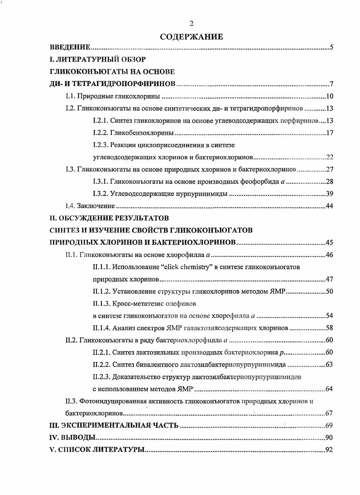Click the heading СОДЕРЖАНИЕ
(192, 37)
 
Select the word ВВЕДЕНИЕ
(70, 47)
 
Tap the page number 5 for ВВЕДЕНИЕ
(331, 47)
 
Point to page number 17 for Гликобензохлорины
(329, 133)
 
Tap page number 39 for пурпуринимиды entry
(329, 194)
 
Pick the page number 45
(329, 243)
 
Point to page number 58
(329, 328)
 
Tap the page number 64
(329, 389)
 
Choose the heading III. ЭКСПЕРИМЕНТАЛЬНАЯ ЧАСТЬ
(114, 426)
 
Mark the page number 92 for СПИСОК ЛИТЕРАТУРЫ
(329, 450)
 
